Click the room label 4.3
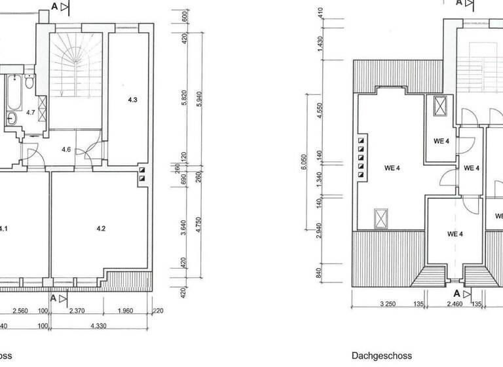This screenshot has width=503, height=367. [132, 100]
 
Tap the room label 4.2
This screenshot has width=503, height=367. [101, 229]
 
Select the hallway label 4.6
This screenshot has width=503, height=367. [66, 150]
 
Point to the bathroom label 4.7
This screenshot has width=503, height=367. [31, 113]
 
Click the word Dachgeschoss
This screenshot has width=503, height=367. [382, 356]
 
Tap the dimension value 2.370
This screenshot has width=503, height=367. [77, 311]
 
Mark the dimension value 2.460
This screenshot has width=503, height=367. [455, 304]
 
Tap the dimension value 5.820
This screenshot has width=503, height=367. [185, 98]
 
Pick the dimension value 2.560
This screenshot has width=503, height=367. [27, 311]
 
